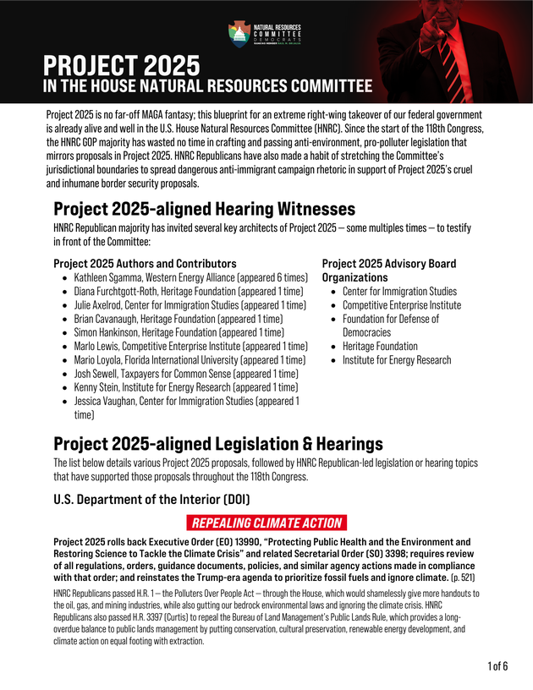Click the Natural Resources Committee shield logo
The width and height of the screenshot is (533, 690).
click(x=239, y=34)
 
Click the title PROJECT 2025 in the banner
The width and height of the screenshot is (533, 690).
click(x=122, y=65)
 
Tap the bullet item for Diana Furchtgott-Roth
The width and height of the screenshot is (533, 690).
click(x=188, y=291)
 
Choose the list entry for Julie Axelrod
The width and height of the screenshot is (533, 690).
click(x=190, y=305)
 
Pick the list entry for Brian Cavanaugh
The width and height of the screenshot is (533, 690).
click(x=178, y=319)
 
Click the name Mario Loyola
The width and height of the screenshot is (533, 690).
click(x=100, y=359)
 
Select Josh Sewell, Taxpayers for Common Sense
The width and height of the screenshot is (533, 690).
click(x=185, y=374)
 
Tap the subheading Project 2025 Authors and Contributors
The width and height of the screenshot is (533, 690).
click(x=145, y=264)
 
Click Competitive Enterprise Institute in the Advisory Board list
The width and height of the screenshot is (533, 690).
click(x=401, y=304)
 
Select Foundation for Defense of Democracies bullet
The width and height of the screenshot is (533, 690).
click(x=390, y=326)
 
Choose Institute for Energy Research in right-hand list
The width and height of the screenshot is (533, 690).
click(x=396, y=359)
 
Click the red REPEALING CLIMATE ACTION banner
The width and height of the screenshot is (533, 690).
click(x=266, y=523)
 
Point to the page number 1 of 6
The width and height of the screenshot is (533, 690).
click(x=497, y=666)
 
